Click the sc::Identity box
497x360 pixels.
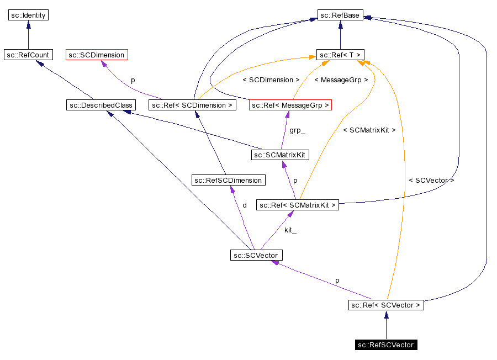click(x=29, y=15)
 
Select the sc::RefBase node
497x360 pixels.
click(x=340, y=15)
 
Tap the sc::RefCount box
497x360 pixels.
click(x=28, y=55)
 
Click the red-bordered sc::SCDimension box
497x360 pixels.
click(x=97, y=55)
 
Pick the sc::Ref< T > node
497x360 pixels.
click(x=340, y=55)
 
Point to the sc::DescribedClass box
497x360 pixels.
click(x=100, y=105)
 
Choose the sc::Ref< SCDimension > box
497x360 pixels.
click(x=192, y=105)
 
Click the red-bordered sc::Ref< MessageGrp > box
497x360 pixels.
click(x=290, y=105)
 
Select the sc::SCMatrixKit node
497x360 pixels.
click(x=279, y=155)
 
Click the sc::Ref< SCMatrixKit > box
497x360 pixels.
click(x=297, y=205)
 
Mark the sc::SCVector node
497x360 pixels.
click(x=256, y=255)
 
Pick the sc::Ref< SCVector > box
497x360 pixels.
click(x=386, y=305)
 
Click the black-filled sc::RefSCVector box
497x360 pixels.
click(x=386, y=345)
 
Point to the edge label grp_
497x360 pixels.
click(x=297, y=131)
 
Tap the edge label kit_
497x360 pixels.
click(x=290, y=230)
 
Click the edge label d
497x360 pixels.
click(x=245, y=205)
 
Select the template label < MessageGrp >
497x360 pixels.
click(x=341, y=80)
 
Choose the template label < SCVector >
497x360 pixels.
click(x=431, y=181)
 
